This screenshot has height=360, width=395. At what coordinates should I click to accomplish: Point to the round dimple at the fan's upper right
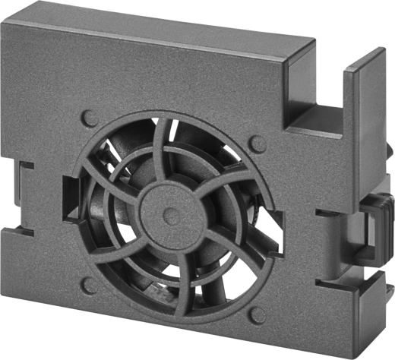coord(258,141)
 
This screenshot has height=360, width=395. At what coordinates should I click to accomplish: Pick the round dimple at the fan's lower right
coord(256,314)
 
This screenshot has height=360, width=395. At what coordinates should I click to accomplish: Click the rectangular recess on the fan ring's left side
coord(70,200)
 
